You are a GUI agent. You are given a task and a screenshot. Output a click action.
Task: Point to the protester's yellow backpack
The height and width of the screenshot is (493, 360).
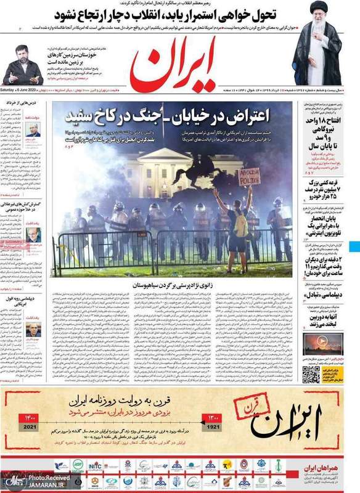[x=240, y=226]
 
